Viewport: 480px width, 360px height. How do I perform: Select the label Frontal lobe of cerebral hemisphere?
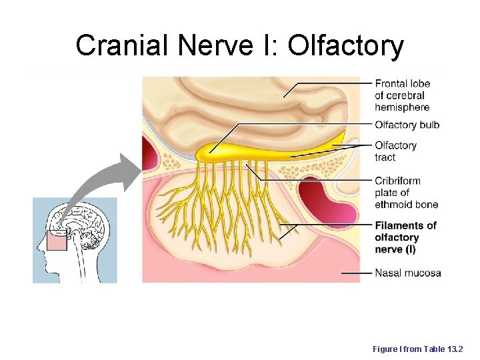[x=401, y=95]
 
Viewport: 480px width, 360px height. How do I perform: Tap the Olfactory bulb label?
[x=407, y=125]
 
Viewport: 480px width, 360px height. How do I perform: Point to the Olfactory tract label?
[x=395, y=151]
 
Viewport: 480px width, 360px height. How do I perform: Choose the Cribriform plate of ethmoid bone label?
[x=406, y=193]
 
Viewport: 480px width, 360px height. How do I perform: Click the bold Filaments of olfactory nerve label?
[x=405, y=237]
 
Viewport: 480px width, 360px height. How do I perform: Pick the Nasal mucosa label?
[x=407, y=273]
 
